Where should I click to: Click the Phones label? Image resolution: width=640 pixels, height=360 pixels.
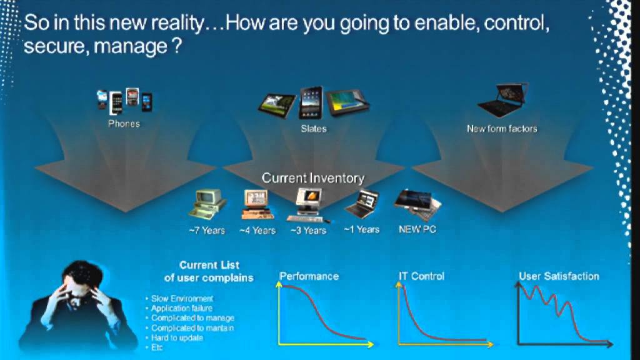124,124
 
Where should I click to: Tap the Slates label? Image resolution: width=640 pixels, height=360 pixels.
313,129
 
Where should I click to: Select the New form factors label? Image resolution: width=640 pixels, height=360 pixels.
502,129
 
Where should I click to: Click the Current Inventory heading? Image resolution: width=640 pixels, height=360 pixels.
312,178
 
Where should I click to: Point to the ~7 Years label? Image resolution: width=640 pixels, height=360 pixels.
207,230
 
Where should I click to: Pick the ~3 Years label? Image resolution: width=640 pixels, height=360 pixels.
308,231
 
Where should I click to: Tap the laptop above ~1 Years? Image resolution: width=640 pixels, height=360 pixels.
361,204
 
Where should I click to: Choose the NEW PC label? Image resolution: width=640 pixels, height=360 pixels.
417,229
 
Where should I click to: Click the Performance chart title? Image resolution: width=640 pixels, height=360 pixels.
309,276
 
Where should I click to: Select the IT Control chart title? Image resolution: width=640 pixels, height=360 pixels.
421,276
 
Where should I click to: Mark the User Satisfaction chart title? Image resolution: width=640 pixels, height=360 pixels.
559,276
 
